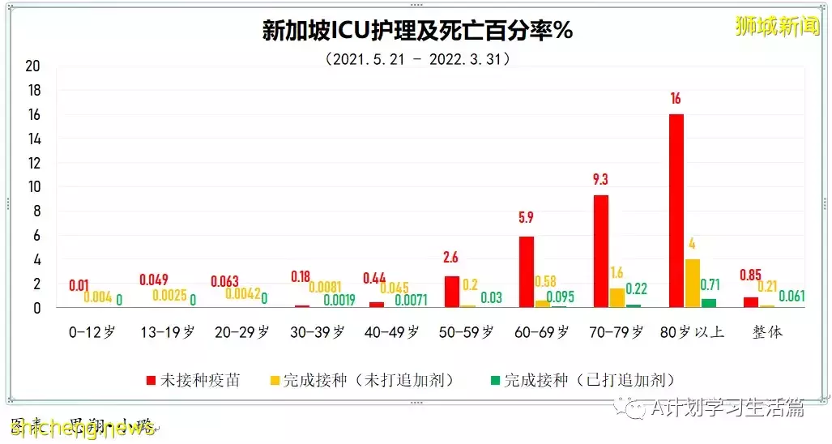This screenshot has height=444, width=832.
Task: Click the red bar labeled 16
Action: pyautogui.click(x=676, y=211)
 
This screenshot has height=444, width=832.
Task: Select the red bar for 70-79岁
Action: pyautogui.click(x=600, y=251)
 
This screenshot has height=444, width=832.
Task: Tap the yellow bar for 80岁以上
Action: pyautogui.click(x=693, y=284)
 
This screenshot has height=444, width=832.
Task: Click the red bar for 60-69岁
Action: pyautogui.click(x=527, y=272)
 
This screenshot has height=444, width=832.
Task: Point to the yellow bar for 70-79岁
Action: pyautogui.click(x=617, y=297)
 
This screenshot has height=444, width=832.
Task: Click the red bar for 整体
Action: pyautogui.click(x=751, y=302)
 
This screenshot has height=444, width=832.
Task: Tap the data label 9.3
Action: pyautogui.click(x=600, y=180)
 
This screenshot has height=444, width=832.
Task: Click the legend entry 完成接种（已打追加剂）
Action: pyautogui.click(x=582, y=380)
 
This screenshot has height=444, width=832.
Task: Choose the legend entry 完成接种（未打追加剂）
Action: pyautogui.click(x=372, y=380)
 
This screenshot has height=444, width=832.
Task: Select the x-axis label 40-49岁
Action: pyautogui.click(x=393, y=332)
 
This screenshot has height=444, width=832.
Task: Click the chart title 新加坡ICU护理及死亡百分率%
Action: pyautogui.click(x=417, y=31)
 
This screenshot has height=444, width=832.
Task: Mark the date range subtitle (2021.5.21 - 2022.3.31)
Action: pyautogui.click(x=417, y=59)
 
